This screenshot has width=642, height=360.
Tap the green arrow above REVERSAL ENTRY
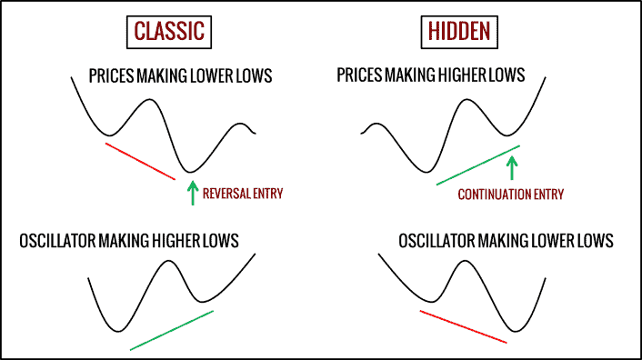[192, 193]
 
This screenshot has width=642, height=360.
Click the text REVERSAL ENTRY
[243, 193]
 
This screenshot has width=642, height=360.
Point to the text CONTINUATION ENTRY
[510, 194]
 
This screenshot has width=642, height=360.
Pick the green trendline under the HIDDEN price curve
[478, 165]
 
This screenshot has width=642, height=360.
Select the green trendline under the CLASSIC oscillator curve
[172, 329]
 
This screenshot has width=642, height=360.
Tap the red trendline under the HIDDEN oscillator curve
[463, 325]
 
